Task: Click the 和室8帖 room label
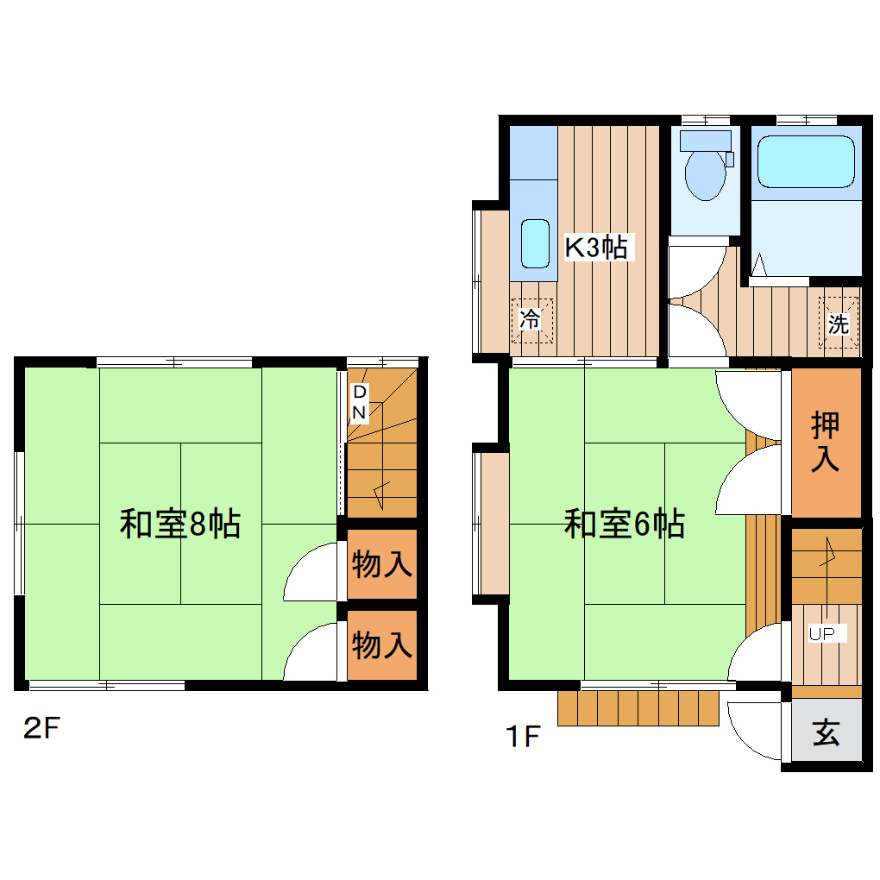coord(179,524)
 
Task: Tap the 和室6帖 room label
coord(624,524)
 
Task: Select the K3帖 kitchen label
coord(595,248)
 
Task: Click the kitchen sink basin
coord(535,243)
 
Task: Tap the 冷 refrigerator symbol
coord(530,320)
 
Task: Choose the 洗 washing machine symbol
coord(839,324)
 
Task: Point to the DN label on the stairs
coord(360,402)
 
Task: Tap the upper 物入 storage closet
coord(381,566)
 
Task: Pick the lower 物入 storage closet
coord(381,644)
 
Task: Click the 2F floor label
coord(41,729)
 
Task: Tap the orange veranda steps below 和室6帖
coord(638,708)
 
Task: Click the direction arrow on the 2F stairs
coord(381,492)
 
